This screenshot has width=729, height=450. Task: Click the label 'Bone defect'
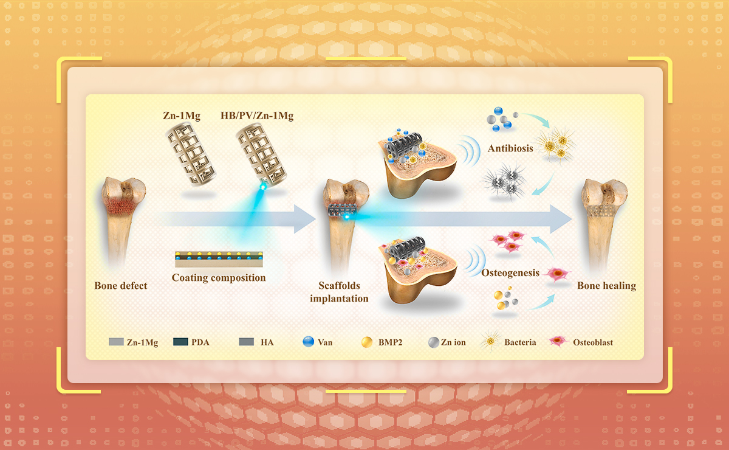(121, 285)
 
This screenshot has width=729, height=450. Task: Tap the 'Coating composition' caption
(219, 278)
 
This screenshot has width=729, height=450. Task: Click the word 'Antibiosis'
(510, 148)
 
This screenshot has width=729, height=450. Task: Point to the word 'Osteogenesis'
(510, 272)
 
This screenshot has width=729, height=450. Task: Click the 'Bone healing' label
(606, 285)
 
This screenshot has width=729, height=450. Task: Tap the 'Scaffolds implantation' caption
(339, 291)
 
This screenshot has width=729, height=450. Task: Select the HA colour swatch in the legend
(246, 342)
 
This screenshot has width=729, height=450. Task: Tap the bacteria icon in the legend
(489, 342)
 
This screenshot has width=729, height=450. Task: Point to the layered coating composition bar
(219, 259)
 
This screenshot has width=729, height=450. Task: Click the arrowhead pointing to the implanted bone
(303, 219)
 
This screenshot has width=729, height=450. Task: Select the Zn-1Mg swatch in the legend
(117, 342)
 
